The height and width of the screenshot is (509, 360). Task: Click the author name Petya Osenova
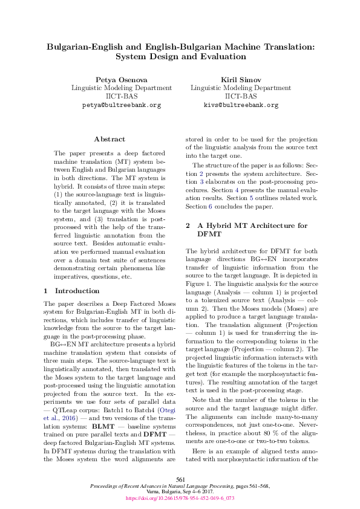(x=120, y=80)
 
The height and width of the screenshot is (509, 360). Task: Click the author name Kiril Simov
(x=240, y=80)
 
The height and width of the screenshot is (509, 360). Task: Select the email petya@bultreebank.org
(x=121, y=105)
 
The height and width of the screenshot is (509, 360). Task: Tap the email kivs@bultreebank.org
(x=241, y=105)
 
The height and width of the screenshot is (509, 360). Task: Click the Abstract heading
(x=110, y=139)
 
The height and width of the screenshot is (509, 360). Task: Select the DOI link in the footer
(x=180, y=499)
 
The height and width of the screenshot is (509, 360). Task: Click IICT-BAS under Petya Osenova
(x=120, y=96)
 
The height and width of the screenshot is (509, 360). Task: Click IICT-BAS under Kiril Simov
(x=240, y=96)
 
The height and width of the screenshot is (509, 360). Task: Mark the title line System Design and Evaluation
(x=180, y=57)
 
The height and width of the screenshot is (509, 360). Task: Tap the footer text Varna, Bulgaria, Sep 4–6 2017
(x=180, y=492)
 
